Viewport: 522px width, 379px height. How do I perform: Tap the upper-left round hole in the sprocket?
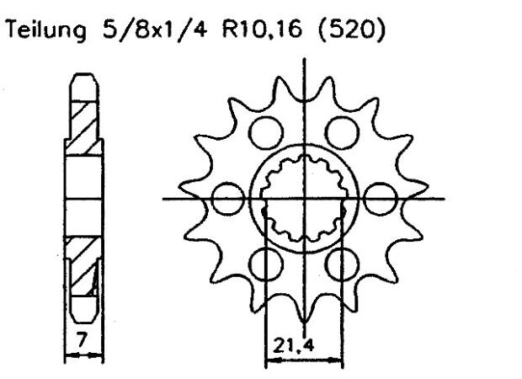point(266,133)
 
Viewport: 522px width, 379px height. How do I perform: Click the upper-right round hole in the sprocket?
point(339,133)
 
